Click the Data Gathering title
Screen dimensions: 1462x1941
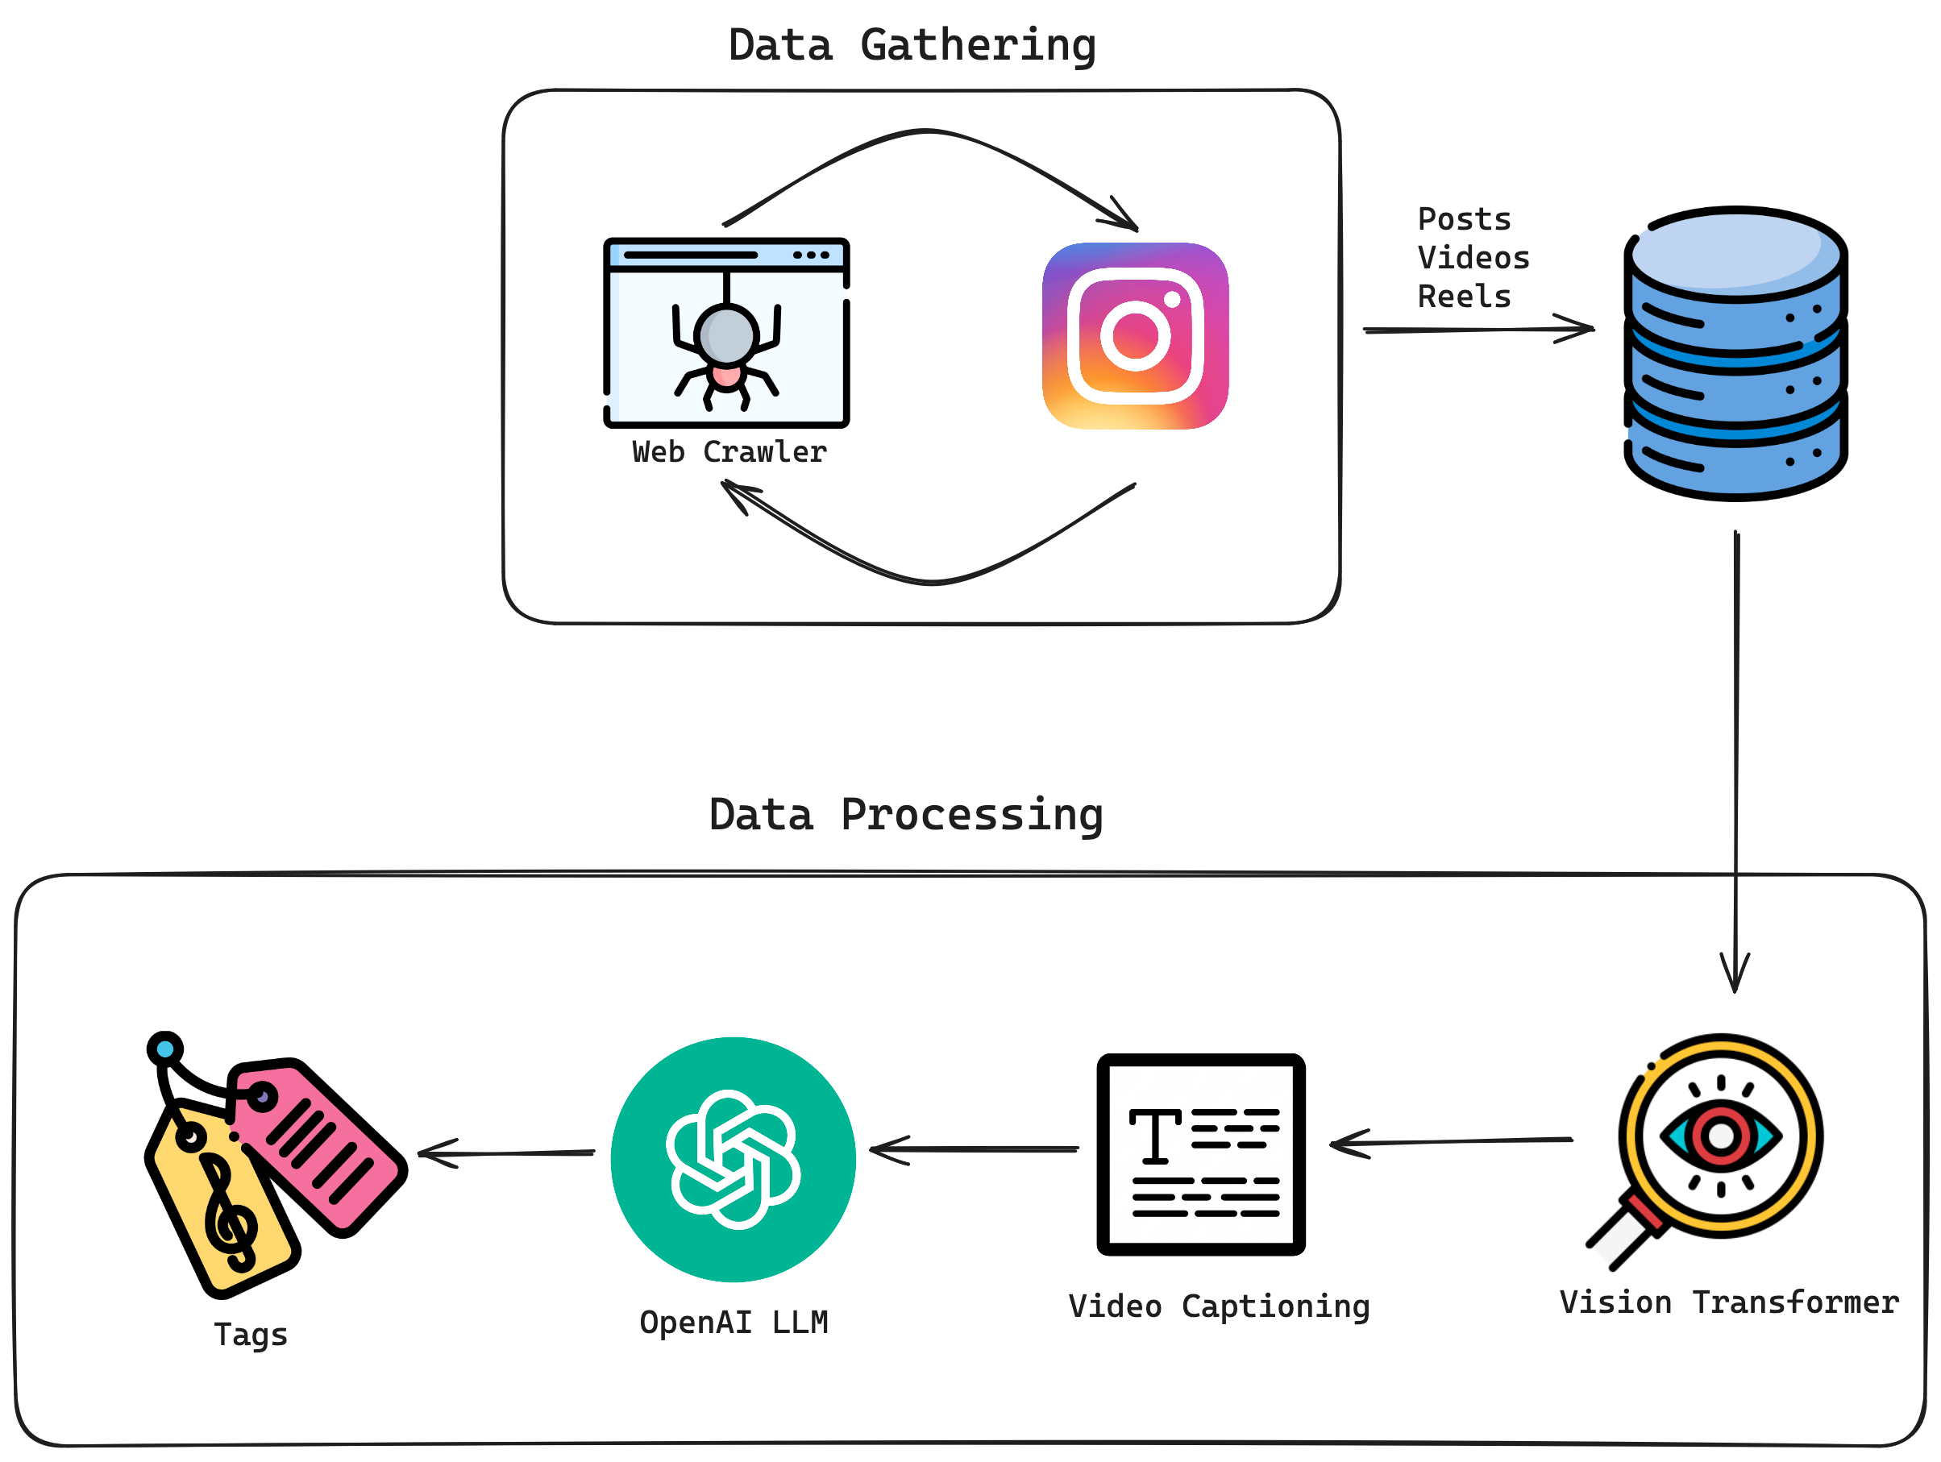(912, 46)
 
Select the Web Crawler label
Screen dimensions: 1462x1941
(729, 452)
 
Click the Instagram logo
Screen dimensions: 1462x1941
(1135, 336)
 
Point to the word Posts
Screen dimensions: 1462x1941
(1464, 219)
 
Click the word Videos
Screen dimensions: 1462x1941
(1473, 258)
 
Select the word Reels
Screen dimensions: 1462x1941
(1464, 297)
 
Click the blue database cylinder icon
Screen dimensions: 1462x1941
(1735, 354)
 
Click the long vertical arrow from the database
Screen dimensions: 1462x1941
(1735, 746)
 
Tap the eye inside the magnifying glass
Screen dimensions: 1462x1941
(1720, 1136)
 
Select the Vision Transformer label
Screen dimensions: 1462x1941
(1729, 1302)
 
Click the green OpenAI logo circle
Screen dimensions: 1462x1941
(733, 1159)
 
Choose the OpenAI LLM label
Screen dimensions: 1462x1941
(733, 1322)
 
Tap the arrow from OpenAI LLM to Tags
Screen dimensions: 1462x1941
(507, 1153)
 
